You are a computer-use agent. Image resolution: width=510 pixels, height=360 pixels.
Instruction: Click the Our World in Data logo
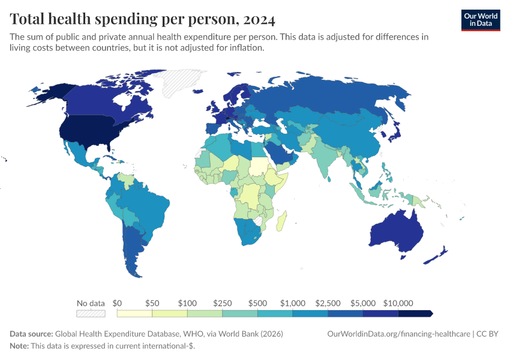click(x=480, y=19)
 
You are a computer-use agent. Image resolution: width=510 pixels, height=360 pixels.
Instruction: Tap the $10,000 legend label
click(x=398, y=303)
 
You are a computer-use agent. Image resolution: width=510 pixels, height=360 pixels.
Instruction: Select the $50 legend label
click(x=152, y=303)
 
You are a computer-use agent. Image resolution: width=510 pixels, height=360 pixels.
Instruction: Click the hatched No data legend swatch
click(x=91, y=313)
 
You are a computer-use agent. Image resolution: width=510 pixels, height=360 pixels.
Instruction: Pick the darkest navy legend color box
click(x=415, y=313)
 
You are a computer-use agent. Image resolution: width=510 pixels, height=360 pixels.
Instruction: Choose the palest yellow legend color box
click(x=135, y=313)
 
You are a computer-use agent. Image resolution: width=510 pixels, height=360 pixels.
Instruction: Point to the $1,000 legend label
click(x=293, y=303)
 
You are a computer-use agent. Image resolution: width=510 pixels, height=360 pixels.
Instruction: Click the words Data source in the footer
click(x=31, y=334)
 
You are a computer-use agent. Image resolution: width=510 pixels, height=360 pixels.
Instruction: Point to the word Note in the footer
click(x=19, y=346)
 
